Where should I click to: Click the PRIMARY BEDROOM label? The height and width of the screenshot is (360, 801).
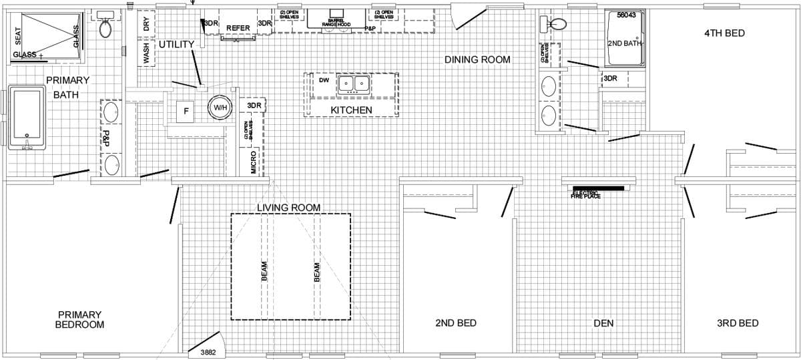click(x=80, y=319)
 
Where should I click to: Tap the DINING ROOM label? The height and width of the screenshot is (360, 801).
click(x=477, y=60)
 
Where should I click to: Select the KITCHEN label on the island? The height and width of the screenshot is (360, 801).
click(x=352, y=110)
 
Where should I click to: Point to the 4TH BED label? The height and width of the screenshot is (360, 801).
click(x=724, y=33)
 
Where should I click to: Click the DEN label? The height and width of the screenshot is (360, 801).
click(x=603, y=323)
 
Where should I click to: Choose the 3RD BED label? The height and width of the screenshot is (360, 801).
click(x=738, y=323)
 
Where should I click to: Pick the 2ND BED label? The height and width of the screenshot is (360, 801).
click(x=456, y=323)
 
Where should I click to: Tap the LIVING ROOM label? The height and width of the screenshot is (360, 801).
click(x=289, y=208)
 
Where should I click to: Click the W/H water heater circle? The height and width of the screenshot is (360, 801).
click(x=220, y=108)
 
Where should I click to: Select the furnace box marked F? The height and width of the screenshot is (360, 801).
click(x=186, y=111)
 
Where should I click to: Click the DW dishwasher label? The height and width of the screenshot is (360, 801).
click(x=324, y=81)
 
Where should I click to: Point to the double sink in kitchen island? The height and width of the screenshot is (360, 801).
click(x=354, y=84)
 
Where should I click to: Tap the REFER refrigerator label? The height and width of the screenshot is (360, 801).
click(x=238, y=28)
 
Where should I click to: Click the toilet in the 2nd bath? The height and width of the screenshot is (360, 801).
click(x=557, y=24)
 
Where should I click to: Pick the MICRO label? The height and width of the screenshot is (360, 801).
click(x=254, y=164)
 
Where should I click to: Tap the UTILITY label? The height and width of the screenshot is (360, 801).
click(x=176, y=45)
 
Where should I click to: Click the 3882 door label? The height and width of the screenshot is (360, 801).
click(x=208, y=352)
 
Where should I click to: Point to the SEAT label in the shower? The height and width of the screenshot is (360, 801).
click(x=18, y=38)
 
